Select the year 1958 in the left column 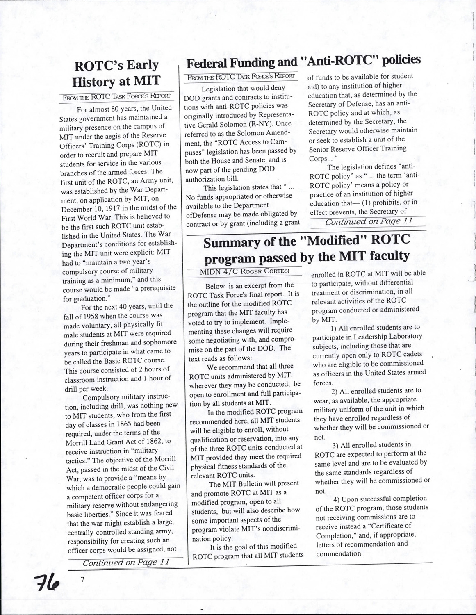click(96, 315)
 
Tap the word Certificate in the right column click(389, 526)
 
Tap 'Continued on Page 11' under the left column click(126, 563)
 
